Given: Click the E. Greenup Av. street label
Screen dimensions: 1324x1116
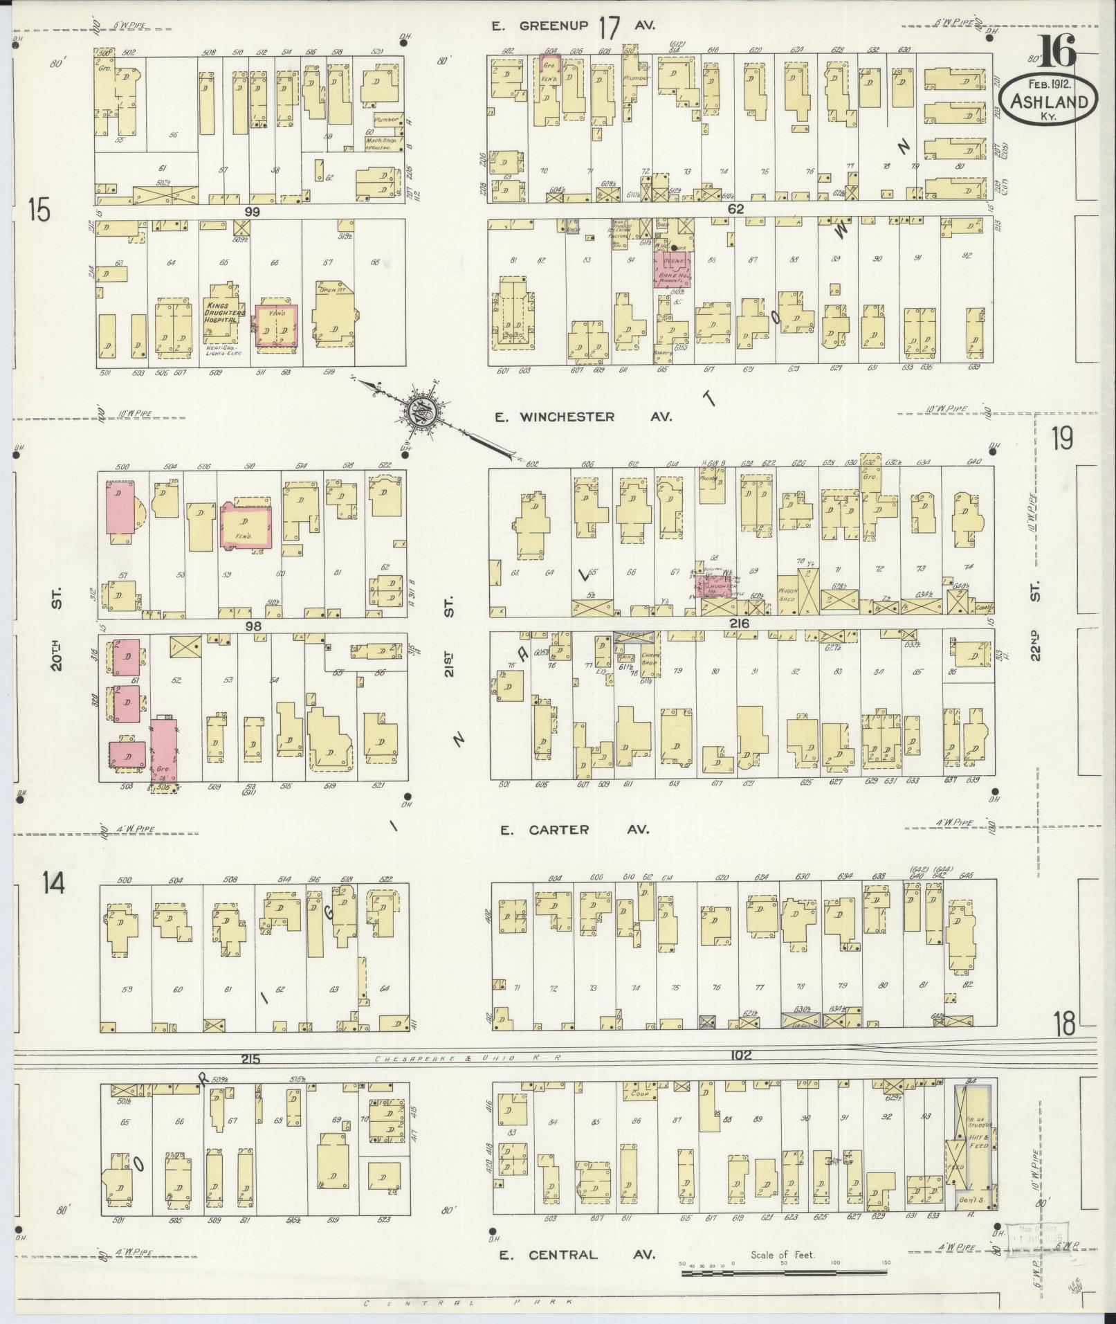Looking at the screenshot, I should [573, 27].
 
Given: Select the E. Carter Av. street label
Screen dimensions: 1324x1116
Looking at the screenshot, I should [574, 829].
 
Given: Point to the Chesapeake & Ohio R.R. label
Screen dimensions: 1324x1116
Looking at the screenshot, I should [466, 1058].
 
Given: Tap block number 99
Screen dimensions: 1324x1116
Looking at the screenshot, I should [251, 212].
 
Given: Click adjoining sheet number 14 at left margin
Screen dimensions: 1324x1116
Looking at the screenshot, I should [53, 882].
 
